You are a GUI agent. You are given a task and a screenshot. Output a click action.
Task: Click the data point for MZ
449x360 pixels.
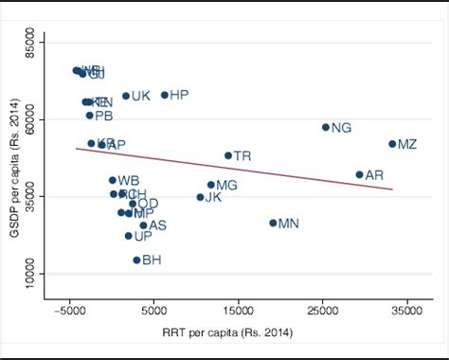tap(392, 144)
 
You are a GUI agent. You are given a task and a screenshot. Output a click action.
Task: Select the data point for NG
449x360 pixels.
tap(326, 127)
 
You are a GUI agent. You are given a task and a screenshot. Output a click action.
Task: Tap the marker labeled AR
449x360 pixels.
tap(359, 174)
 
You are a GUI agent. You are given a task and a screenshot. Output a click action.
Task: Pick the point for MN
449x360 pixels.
tap(273, 224)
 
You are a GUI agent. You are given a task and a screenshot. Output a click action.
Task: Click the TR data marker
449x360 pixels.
tap(228, 155)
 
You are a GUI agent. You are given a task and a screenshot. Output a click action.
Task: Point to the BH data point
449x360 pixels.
tap(136, 260)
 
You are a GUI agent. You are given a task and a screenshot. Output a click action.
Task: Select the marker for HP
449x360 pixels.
tap(165, 95)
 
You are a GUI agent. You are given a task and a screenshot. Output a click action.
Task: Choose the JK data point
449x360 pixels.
tap(200, 197)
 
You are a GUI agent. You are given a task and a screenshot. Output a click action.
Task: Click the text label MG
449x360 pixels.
tap(226, 186)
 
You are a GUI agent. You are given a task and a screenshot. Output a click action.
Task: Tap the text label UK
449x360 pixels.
tap(140, 96)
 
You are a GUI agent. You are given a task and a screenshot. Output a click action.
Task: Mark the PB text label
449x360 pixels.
tap(103, 117)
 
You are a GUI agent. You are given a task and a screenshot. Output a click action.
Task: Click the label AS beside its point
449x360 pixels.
tap(157, 225)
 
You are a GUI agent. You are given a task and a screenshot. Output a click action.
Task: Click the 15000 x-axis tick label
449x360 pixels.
tap(238, 309)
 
